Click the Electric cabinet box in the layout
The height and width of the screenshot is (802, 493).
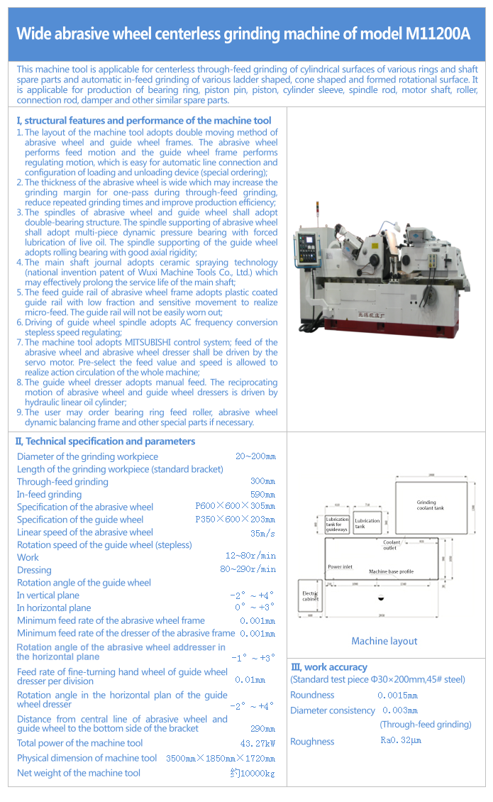click(x=311, y=595)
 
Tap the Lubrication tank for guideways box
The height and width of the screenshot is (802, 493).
click(x=337, y=524)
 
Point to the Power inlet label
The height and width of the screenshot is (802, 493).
click(x=340, y=567)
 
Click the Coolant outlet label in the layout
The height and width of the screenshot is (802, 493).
click(x=391, y=545)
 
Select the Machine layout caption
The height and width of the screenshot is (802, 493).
click(x=384, y=641)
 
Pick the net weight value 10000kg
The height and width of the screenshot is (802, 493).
click(x=255, y=773)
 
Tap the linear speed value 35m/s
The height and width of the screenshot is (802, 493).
click(x=262, y=532)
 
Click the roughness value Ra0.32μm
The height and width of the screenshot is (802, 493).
click(x=401, y=741)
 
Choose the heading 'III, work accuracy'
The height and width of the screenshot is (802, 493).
click(x=329, y=667)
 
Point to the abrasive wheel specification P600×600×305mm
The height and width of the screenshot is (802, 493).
click(x=235, y=507)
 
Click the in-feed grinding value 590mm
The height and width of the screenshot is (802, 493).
click(x=262, y=494)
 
